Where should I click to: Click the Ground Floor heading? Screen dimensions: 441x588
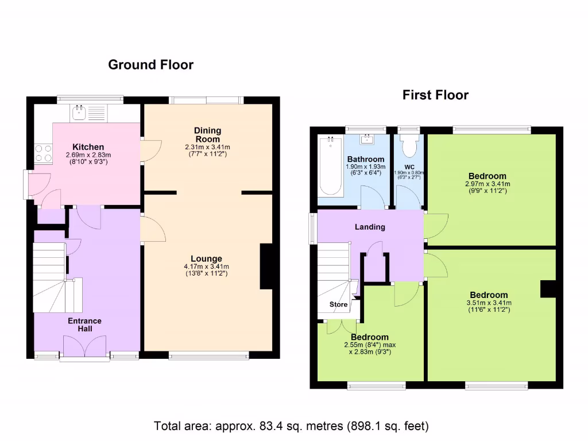tap(150, 65)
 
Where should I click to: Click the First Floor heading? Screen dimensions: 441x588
tap(435, 95)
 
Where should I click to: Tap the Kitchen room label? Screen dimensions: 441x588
tap(88, 147)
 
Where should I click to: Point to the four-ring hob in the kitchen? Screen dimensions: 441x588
tap(43, 153)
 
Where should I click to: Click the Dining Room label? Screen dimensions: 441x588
tap(207, 135)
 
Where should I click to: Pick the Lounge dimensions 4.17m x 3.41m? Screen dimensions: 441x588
tap(206, 266)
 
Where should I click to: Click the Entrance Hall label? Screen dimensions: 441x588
tap(85, 324)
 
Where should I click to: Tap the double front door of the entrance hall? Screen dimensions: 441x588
tap(84, 348)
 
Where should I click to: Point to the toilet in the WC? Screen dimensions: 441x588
tap(409, 146)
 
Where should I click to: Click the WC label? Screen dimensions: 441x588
tap(409, 167)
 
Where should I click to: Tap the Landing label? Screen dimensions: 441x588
tap(369, 227)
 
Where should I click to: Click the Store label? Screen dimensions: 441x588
tap(339, 304)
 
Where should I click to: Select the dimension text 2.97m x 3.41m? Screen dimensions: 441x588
tap(487, 184)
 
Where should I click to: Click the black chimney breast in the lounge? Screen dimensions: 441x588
tap(266, 266)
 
